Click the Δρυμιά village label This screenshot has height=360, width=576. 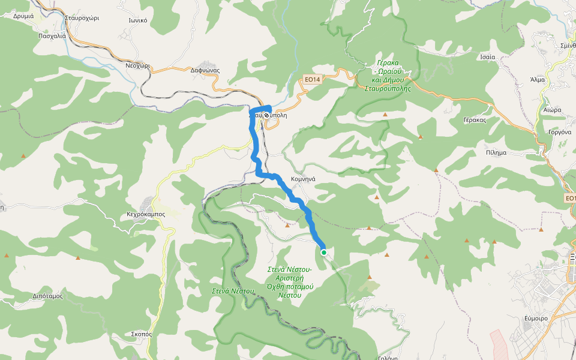click(23, 16)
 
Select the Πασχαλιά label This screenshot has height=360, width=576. click(52, 35)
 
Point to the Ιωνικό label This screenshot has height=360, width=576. click(138, 20)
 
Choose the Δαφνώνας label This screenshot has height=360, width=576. click(205, 70)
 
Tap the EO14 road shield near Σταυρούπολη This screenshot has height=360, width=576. click(311, 79)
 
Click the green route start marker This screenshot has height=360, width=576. click(324, 253)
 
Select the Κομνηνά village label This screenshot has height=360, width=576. click(303, 179)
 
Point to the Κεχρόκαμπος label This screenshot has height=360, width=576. click(146, 214)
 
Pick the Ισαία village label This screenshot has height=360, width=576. click(488, 57)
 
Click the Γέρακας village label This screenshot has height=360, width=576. click(474, 120)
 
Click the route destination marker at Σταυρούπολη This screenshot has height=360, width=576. click(266, 114)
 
